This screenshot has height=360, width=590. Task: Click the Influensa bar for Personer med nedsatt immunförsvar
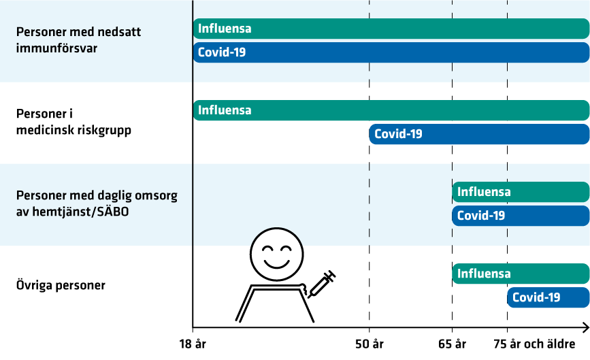391,29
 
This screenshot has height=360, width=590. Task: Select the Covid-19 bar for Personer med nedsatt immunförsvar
391,52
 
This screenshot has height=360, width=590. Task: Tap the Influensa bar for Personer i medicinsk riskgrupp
391,110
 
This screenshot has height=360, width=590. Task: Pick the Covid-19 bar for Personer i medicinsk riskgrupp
479,134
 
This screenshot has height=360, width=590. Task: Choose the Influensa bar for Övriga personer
521,274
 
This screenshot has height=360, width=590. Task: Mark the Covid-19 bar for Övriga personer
548,297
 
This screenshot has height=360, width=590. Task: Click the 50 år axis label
369,344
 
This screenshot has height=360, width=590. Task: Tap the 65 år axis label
453,344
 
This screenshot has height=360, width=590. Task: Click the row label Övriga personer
61,285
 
